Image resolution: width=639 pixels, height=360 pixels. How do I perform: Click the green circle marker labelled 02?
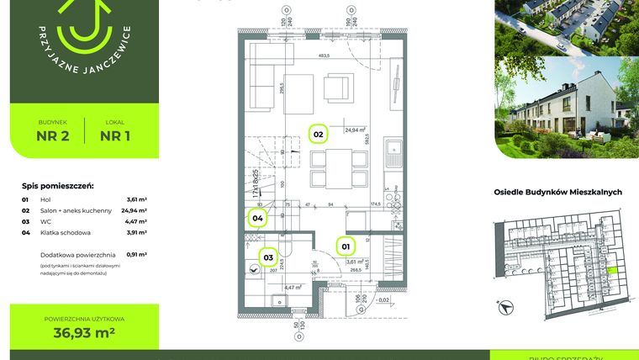(319, 135)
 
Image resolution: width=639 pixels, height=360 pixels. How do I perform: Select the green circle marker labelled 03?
(269, 258)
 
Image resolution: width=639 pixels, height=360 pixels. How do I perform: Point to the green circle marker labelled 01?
(345, 246)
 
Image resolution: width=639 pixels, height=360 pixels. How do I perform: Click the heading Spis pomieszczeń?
(57, 186)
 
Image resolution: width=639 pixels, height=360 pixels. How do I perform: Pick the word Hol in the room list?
(45, 199)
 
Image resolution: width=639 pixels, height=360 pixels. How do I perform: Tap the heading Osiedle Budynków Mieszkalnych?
(557, 192)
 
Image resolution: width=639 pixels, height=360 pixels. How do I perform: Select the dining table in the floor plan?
(338, 168)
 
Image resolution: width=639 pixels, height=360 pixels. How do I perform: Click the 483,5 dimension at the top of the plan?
(323, 56)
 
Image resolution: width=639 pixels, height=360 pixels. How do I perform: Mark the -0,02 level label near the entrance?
(383, 300)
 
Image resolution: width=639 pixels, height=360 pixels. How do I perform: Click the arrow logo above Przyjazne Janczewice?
(82, 25)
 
